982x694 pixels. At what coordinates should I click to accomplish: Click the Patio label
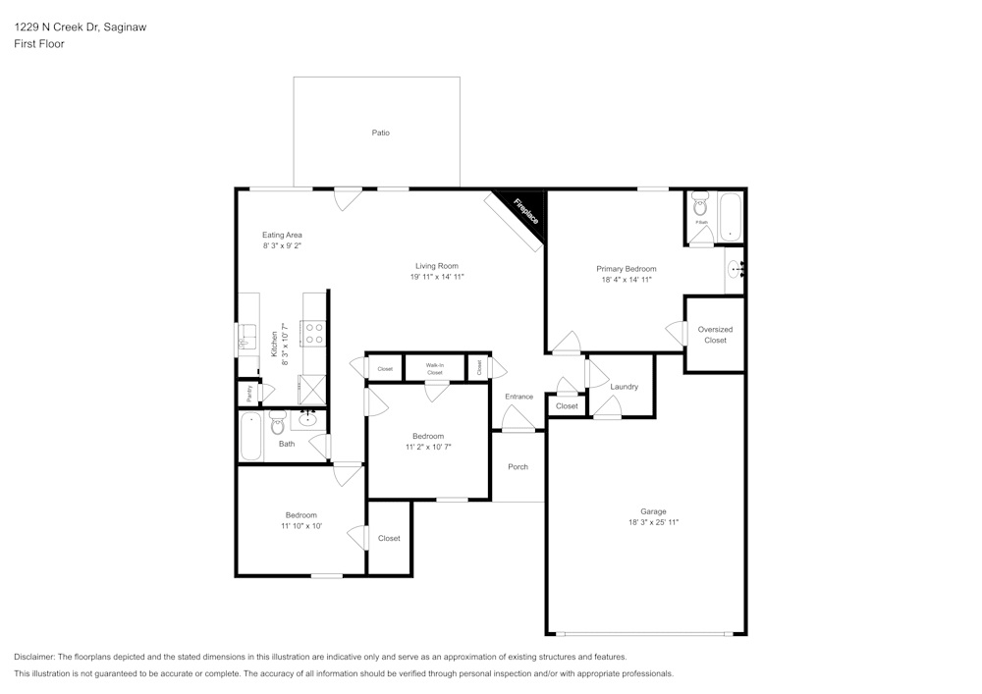coord(380,133)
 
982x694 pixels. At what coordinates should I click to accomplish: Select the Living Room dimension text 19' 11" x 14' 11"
coord(436,277)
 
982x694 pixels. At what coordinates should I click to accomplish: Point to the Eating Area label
coord(282,235)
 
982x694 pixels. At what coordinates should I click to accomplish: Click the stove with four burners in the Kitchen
coord(313,334)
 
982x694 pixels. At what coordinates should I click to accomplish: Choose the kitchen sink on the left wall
coord(245,340)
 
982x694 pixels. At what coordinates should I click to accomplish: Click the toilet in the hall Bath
coord(278,423)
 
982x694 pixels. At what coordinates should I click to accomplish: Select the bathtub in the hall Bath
coord(251,437)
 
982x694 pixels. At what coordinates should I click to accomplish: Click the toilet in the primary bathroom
coord(700,205)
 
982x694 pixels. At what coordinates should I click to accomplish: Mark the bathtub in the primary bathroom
coord(731,217)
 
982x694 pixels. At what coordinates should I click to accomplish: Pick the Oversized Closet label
coord(715,335)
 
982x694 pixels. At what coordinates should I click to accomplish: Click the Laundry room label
coord(624,387)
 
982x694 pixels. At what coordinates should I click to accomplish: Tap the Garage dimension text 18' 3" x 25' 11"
coord(653,523)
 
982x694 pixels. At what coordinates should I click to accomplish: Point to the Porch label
coord(518,466)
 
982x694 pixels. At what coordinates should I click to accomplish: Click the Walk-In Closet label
coord(435,368)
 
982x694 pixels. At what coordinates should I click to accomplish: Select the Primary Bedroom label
coord(627,268)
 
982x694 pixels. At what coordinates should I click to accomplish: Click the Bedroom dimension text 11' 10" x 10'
coord(301,526)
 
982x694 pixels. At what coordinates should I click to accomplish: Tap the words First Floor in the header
coord(39,44)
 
